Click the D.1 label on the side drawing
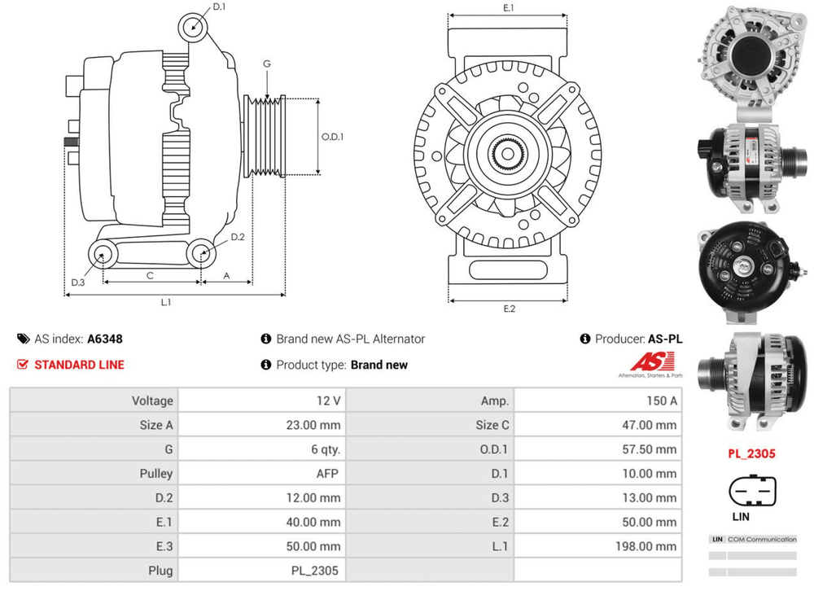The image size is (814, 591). tap(219, 7)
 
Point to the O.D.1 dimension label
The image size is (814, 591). tap(332, 137)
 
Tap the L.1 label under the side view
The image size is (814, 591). tap(166, 303)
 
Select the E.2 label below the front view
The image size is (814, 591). tap(510, 309)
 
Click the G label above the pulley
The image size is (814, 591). tap(267, 64)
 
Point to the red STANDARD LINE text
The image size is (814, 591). tap(79, 365)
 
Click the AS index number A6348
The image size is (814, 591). tap(105, 339)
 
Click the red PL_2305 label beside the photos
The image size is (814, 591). tap(752, 454)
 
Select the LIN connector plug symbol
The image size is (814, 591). tap(753, 492)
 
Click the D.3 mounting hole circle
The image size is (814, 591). tap(103, 254)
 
